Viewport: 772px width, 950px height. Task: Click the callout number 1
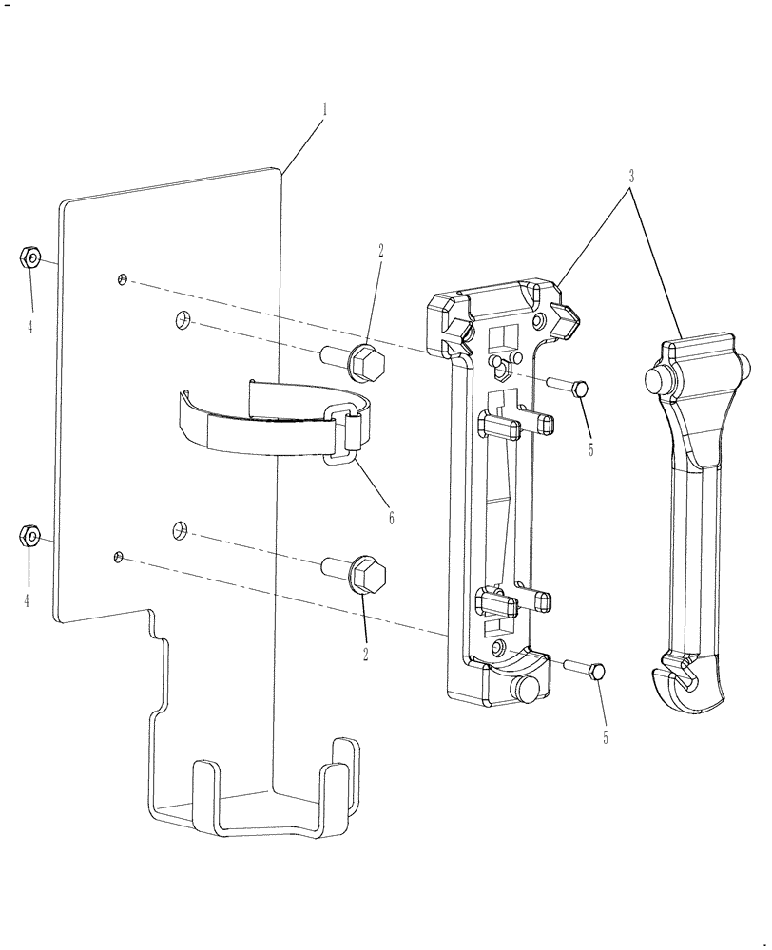coord(324,110)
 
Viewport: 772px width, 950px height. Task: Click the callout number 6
coord(391,519)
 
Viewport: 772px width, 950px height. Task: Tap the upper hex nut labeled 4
coord(29,257)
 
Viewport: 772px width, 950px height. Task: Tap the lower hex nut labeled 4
coord(29,537)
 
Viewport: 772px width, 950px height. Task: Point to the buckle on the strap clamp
coord(347,434)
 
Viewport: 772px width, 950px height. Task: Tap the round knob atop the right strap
coord(656,380)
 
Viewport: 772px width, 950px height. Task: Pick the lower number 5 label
coord(604,736)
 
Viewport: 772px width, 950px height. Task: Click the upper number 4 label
coord(30,327)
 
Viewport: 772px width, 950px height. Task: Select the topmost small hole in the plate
coord(122,278)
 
